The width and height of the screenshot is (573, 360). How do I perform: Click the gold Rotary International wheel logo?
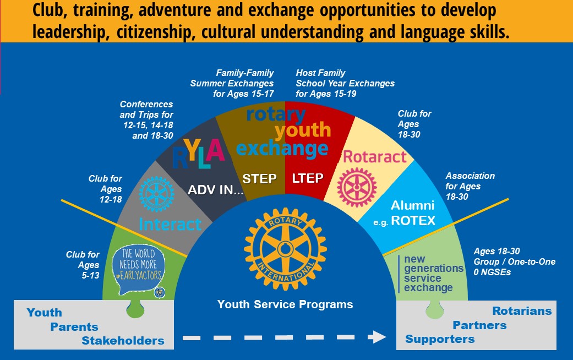[285, 249]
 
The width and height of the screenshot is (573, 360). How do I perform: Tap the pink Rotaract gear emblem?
[357, 188]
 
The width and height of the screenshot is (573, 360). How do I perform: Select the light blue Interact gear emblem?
[156, 194]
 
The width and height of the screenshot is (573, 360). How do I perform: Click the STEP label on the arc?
[259, 179]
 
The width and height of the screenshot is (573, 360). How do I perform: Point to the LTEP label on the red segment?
[308, 178]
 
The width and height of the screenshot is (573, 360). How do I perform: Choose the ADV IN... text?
[216, 190]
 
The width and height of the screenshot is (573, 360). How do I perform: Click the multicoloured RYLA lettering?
[198, 154]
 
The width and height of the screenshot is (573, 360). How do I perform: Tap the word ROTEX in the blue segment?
[413, 220]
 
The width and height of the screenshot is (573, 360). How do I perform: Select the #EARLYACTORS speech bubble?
[139, 269]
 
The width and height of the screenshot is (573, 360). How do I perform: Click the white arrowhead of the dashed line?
[376, 337]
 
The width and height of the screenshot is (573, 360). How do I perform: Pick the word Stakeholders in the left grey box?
[123, 341]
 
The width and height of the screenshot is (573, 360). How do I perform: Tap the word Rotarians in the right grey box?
[522, 310]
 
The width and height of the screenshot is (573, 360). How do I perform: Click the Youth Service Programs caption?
[285, 304]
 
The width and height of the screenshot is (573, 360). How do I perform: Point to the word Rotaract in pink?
[375, 157]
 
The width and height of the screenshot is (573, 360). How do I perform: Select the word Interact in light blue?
[170, 225]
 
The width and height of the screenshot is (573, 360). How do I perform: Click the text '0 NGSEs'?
[492, 272]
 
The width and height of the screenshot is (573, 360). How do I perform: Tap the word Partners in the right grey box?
[479, 325]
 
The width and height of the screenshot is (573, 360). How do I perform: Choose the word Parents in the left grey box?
[74, 327]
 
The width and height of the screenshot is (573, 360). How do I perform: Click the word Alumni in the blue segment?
[413, 205]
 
